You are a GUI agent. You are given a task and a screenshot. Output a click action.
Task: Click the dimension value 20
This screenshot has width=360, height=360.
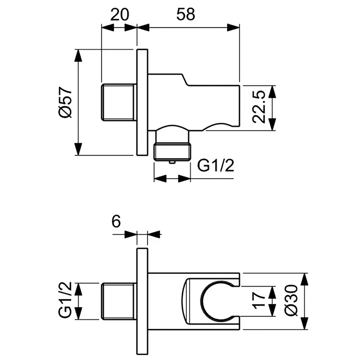tap(120, 15)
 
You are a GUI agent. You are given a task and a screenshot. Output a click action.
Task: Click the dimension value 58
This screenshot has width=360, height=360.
tap(186, 15)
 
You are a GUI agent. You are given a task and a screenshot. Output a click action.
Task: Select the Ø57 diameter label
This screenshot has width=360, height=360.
tap(65, 102)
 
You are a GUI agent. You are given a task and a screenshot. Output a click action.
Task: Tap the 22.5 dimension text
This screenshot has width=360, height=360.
tap(258, 107)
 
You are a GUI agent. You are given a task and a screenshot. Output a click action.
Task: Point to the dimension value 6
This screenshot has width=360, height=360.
tap(116, 222)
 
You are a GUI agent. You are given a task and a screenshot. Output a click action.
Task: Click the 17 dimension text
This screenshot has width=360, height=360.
tap(258, 301)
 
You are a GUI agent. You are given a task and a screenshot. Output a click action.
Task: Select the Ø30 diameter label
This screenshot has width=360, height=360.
tap(291, 301)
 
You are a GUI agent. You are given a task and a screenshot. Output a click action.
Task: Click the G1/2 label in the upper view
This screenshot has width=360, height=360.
tap(216, 166)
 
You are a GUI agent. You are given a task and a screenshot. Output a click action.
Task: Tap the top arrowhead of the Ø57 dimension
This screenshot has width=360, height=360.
tap(78, 55)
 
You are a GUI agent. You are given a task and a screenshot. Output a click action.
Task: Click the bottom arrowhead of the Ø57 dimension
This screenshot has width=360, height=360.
tap(78, 149)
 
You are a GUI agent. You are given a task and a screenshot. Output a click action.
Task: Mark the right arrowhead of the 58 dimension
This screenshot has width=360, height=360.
tap(233, 27)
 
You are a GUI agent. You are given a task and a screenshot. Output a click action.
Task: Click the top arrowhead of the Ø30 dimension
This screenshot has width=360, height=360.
tap(305, 279)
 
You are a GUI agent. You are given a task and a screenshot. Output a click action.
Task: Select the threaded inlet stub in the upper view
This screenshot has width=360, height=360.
tap(118, 103)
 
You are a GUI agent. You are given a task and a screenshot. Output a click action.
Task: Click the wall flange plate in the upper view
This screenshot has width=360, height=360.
tap(142, 103)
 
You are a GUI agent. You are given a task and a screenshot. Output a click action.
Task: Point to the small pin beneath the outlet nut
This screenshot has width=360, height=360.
tap(172, 162)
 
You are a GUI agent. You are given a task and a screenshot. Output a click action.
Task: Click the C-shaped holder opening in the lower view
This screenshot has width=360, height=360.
tap(201, 301)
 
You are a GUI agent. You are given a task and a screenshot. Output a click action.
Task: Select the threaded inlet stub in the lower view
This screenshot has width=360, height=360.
tap(118, 301)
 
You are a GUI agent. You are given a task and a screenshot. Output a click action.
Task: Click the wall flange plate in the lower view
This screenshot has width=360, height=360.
tap(142, 301)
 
